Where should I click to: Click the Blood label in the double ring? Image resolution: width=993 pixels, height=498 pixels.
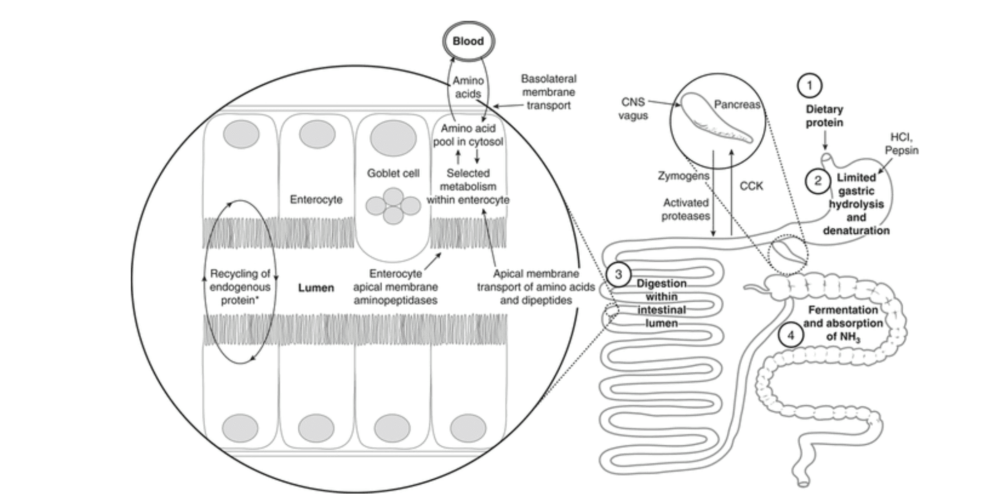coord(468,41)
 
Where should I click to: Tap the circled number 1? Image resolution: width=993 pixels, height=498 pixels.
coord(809,86)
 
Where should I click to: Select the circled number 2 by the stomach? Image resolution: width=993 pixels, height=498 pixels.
coord(817,181)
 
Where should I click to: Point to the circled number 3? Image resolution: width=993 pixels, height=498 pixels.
coord(618,275)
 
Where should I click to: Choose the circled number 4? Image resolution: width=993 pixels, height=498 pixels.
coord(791,336)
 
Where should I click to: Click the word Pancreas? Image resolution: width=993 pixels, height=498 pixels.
coord(737,105)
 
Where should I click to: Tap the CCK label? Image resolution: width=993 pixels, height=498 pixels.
coord(751,186)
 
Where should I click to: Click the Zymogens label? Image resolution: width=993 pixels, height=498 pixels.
coord(683,176)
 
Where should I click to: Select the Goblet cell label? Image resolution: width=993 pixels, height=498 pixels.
coord(393,174)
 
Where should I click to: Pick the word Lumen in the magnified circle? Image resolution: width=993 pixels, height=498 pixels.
coord(316,288)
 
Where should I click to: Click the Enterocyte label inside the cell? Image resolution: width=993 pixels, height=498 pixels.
coord(316,200)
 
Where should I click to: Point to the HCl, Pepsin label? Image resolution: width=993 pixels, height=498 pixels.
coord(901,144)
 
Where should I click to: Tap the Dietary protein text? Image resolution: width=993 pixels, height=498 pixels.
coord(824,116)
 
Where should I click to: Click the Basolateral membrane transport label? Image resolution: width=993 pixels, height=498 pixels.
coord(548,92)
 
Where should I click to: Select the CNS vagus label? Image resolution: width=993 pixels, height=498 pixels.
coord(633,109)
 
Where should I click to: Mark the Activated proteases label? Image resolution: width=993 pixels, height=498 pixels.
coord(685,209)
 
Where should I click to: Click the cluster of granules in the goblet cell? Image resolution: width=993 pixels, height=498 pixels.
coord(393,206)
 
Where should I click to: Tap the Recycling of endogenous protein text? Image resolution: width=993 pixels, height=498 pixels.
coord(240,287)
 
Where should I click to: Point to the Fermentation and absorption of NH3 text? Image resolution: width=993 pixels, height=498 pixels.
coord(843,323)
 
